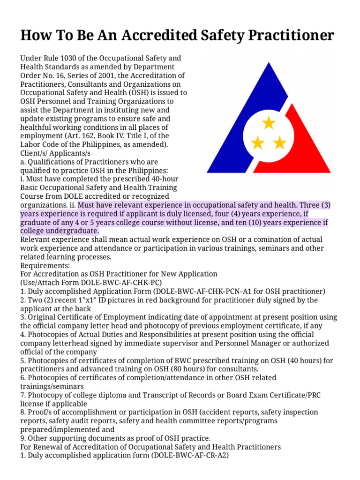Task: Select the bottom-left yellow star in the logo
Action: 258,142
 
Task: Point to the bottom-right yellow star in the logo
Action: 280,142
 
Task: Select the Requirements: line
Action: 45,265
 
